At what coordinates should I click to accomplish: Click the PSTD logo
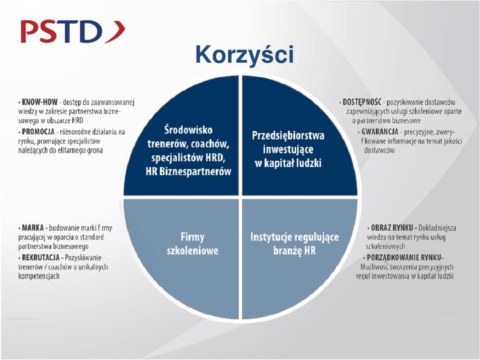pos(73,31)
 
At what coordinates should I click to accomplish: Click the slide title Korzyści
pos(244,55)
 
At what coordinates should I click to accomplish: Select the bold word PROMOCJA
pos(38,131)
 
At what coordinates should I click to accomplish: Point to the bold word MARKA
pos(33,228)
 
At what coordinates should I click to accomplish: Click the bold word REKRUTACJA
pos(40,257)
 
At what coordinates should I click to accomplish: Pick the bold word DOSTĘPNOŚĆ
pos(362,102)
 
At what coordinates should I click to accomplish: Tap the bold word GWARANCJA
pos(379,131)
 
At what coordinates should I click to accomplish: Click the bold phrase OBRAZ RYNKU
pos(392,228)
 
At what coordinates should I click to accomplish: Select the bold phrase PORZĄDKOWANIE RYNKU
pos(404,257)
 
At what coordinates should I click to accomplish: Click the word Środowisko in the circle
pos(188,130)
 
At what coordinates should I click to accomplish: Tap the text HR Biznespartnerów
pos(188,171)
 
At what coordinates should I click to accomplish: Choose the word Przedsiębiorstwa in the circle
pos(288,135)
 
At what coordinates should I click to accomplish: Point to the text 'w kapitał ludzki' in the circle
pos(288,163)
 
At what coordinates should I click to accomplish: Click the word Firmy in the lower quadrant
pos(192,237)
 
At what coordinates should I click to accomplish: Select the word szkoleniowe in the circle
pos(192,250)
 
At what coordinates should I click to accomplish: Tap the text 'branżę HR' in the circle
pos(294,250)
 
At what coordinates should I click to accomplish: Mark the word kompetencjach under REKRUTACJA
pos(38,276)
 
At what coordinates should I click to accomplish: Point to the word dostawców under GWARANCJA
pos(379,150)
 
